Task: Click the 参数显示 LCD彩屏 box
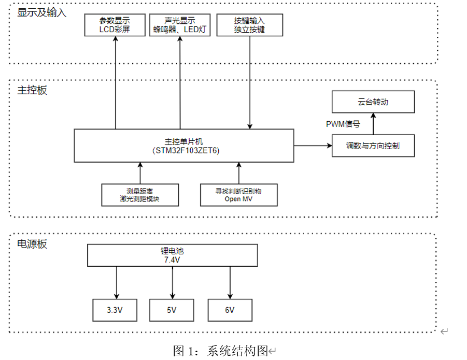(x=115, y=25)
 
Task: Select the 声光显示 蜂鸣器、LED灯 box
(x=180, y=25)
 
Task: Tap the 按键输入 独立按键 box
(x=250, y=25)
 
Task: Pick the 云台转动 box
(x=373, y=102)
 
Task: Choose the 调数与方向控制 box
(x=373, y=146)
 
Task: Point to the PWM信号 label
(x=343, y=124)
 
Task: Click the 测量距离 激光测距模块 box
(x=140, y=195)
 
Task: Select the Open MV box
(x=238, y=195)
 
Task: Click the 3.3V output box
(x=115, y=310)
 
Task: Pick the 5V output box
(x=172, y=310)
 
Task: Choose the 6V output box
(x=230, y=310)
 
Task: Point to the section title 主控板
(x=32, y=90)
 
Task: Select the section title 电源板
(x=32, y=244)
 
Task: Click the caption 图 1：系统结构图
(x=220, y=351)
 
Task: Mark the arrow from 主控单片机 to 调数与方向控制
(x=313, y=146)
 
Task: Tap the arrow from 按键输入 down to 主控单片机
(x=250, y=83)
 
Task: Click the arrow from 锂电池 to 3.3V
(x=116, y=282)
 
